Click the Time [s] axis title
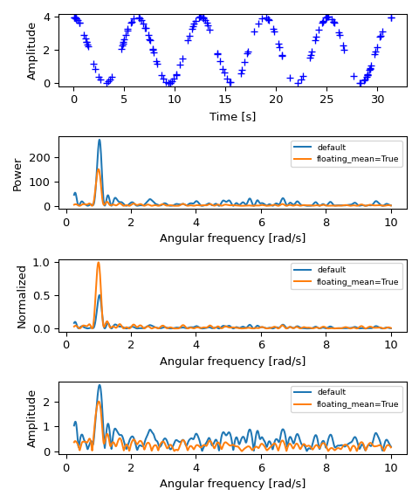(x=232, y=116)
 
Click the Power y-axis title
(x=17, y=173)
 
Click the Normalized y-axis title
(x=23, y=296)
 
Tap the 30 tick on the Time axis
(x=377, y=99)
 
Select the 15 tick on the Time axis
(x=225, y=99)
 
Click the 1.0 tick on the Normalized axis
(x=45, y=262)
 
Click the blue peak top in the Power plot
(x=99, y=140)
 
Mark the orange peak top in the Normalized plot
(x=99, y=263)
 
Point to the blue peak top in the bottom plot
(x=99, y=385)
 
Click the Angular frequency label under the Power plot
(x=232, y=238)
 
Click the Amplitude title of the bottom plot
(x=31, y=418)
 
